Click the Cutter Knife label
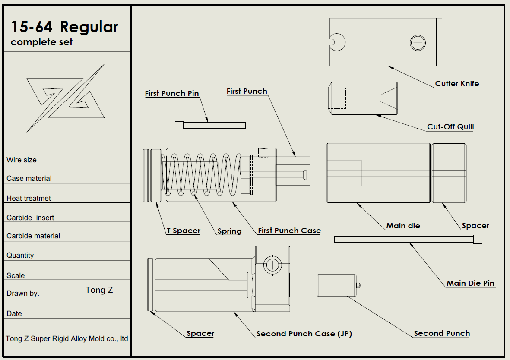pyautogui.click(x=457, y=84)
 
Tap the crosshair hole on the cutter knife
pyautogui.click(x=418, y=42)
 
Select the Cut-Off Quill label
pyautogui.click(x=450, y=127)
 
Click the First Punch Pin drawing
pyautogui.click(x=210, y=125)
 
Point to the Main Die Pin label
pyautogui.click(x=470, y=283)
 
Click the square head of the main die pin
pyautogui.click(x=478, y=239)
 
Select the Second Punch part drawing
pyautogui.click(x=337, y=285)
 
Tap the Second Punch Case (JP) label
pyautogui.click(x=304, y=334)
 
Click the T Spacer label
pyautogui.click(x=184, y=231)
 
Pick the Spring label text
pyautogui.click(x=229, y=231)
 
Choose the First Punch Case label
pyautogui.click(x=289, y=231)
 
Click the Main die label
pyautogui.click(x=403, y=226)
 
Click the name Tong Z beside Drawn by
pyautogui.click(x=99, y=290)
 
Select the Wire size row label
pyautogui.click(x=22, y=160)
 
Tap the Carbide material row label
pyautogui.click(x=33, y=236)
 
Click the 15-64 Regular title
pyautogui.click(x=65, y=27)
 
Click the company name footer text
pyautogui.click(x=67, y=339)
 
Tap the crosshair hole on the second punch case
pyautogui.click(x=272, y=265)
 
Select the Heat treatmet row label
pyautogui.click(x=29, y=198)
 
